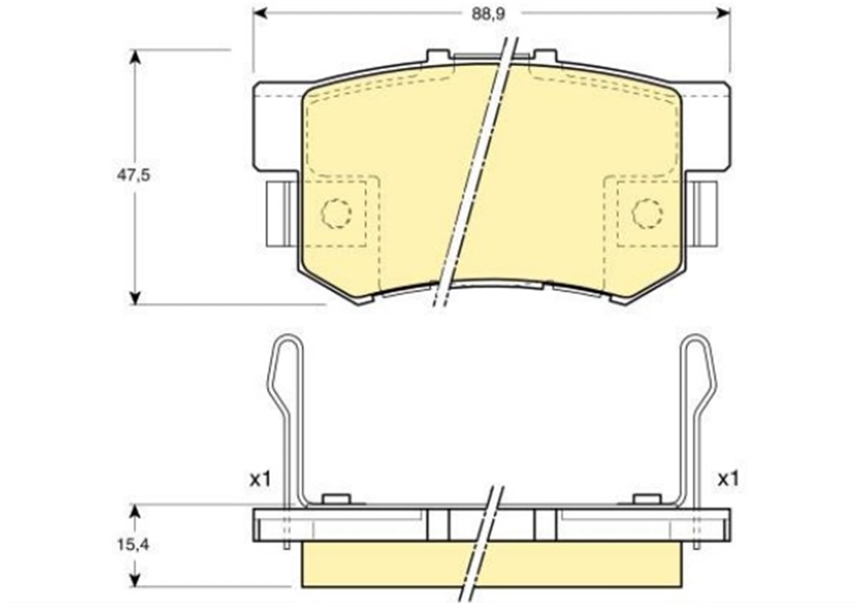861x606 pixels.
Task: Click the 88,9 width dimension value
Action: coord(489,14)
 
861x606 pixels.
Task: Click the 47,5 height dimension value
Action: coord(133,175)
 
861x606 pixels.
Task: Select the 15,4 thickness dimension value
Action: coord(133,545)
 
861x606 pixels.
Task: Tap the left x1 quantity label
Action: coord(260,480)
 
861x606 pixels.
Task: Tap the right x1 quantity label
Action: coord(728,480)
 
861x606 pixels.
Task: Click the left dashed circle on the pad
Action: coord(337,213)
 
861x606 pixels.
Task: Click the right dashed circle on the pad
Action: coord(647,213)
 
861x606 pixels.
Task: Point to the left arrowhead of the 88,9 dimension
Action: coord(260,13)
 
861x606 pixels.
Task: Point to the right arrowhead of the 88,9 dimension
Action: coord(724,13)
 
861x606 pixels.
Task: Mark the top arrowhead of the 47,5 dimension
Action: coord(133,56)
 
